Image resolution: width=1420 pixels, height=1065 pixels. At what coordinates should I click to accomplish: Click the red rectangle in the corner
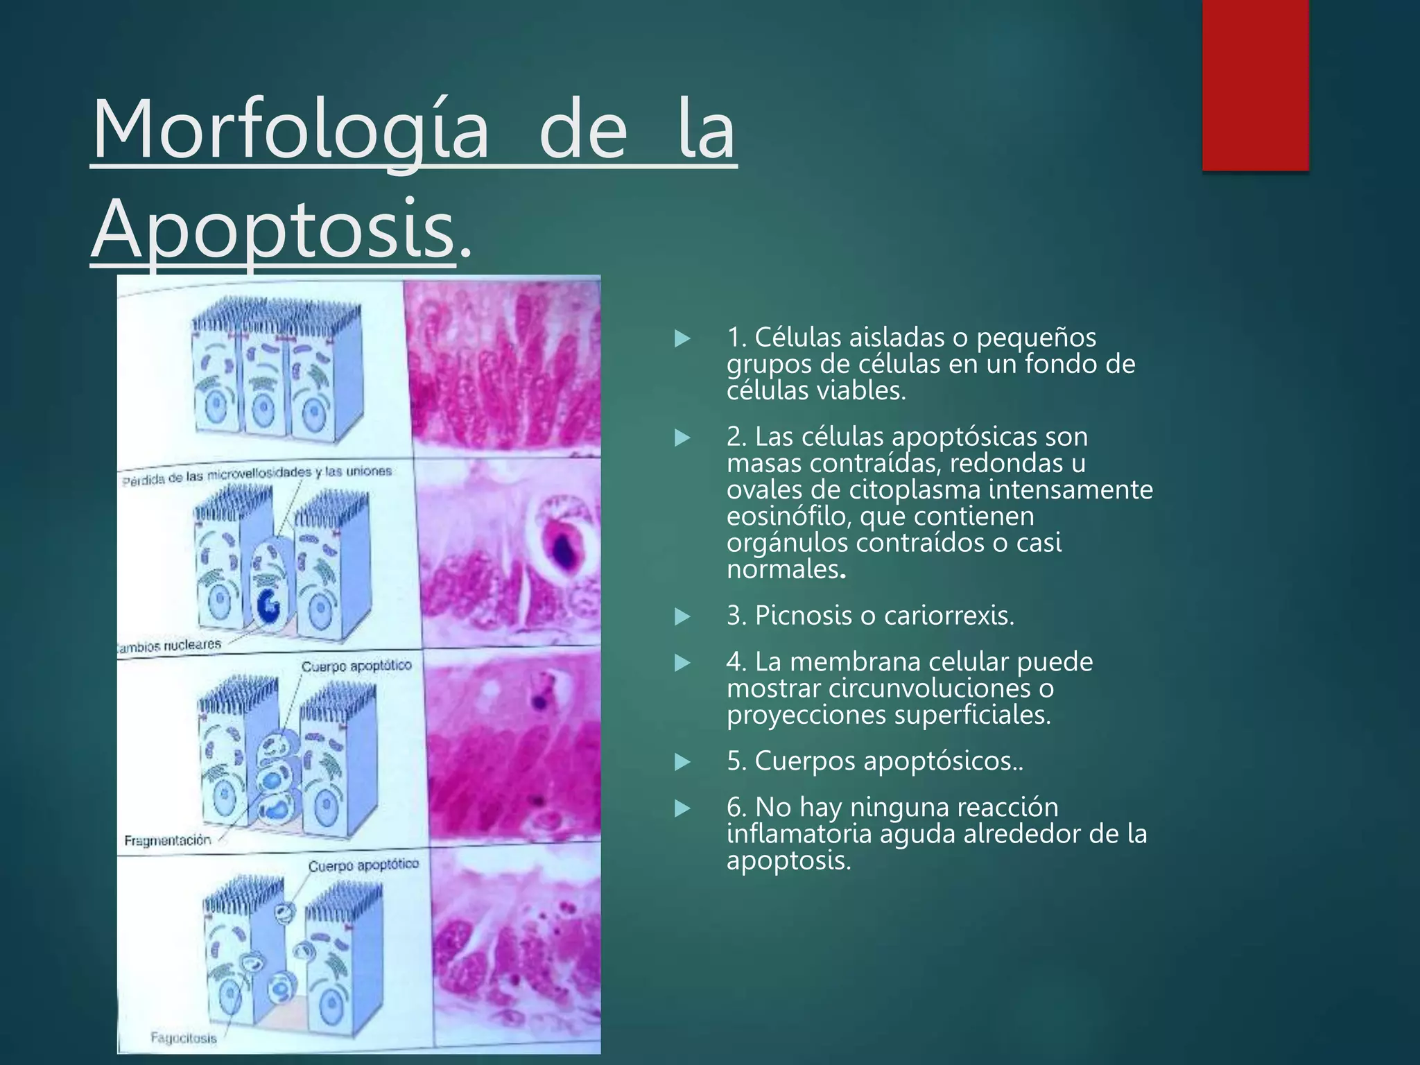(x=1255, y=85)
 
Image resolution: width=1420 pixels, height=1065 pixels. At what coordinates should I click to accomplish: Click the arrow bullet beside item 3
(x=682, y=616)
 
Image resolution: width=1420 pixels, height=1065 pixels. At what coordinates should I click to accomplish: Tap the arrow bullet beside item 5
(x=682, y=762)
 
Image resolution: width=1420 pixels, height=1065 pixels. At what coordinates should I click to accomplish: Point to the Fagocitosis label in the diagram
(x=184, y=1038)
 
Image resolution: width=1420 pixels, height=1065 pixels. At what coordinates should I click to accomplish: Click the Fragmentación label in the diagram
(x=168, y=840)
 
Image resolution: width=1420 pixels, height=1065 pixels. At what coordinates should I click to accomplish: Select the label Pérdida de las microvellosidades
(x=215, y=476)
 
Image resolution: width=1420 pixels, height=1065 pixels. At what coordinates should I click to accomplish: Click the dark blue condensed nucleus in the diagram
(x=268, y=607)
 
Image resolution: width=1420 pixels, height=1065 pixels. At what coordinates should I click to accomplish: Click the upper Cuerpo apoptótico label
(x=356, y=666)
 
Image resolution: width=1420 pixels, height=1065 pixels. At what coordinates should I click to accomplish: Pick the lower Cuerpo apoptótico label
(x=363, y=865)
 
